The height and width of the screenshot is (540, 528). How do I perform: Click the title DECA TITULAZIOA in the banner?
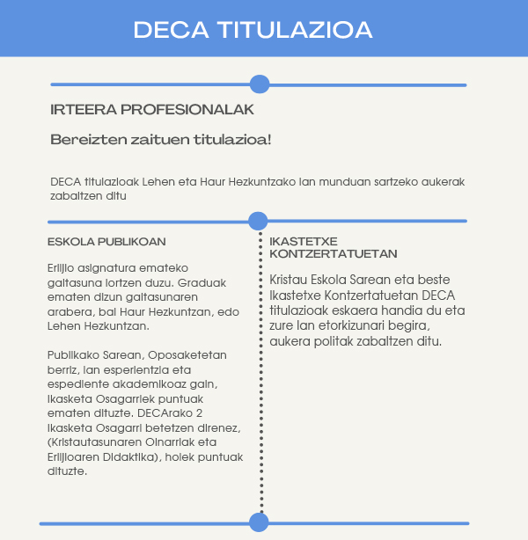(253, 29)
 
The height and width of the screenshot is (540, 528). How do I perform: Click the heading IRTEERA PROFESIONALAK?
(152, 110)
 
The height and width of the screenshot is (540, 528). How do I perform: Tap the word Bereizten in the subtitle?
(82, 139)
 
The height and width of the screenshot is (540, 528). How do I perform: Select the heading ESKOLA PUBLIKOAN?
(106, 241)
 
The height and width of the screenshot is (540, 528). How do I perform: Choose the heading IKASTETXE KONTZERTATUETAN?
(334, 247)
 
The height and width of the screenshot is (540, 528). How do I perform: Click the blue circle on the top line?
(259, 84)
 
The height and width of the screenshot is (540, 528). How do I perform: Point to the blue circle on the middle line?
(258, 221)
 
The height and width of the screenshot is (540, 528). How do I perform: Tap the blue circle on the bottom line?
(259, 522)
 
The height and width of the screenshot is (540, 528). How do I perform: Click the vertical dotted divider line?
(260, 369)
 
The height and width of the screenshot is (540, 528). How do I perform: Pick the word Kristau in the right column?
(290, 280)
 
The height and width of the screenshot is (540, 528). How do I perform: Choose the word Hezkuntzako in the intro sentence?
(263, 182)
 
